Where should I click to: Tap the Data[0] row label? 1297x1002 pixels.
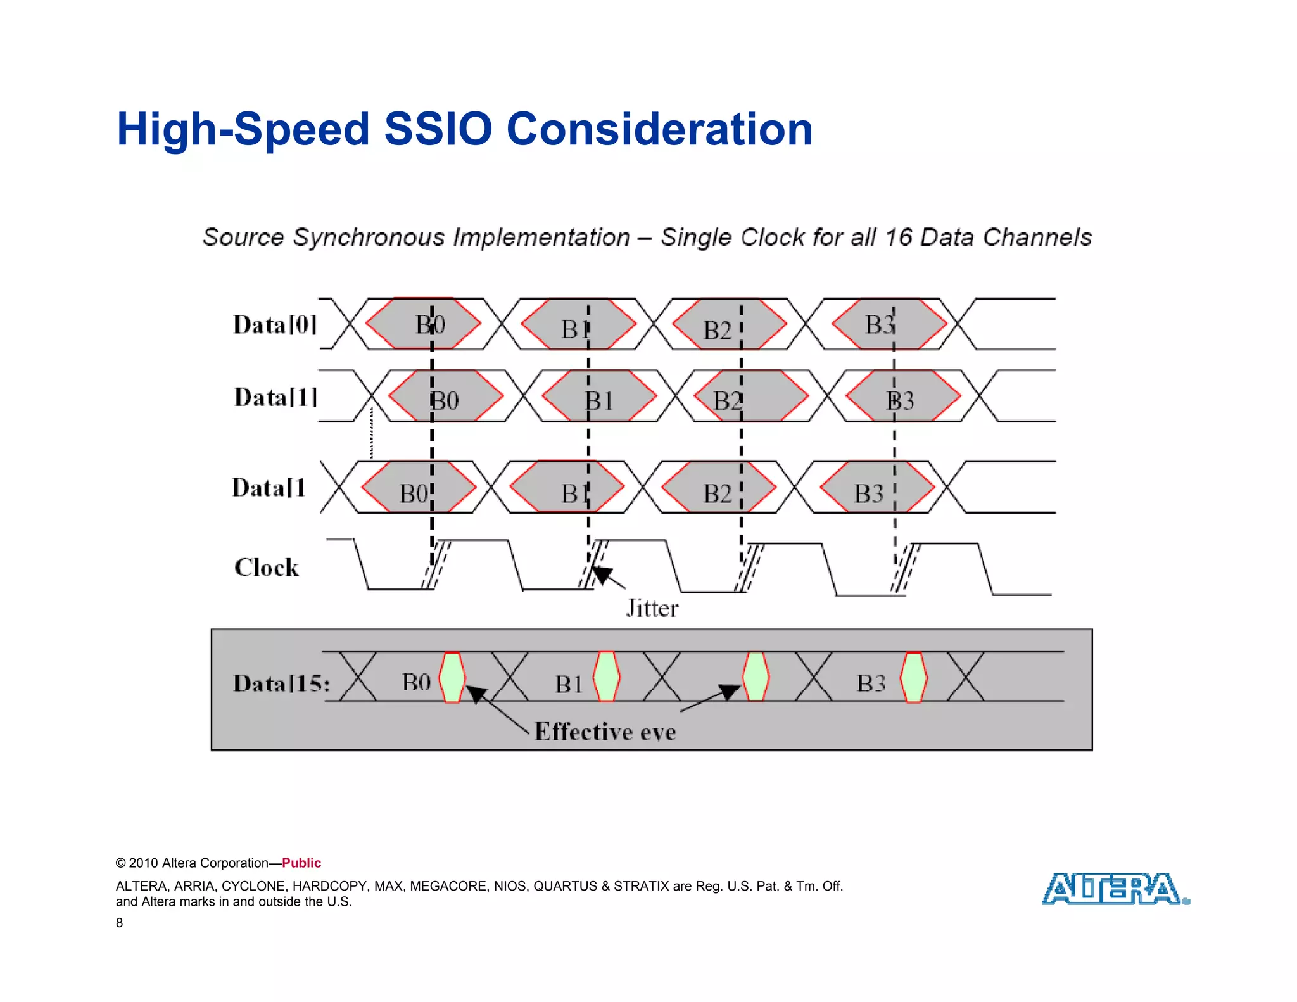coord(274,325)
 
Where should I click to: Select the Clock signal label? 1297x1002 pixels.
coord(266,568)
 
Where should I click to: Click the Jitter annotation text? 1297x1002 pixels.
coord(652,609)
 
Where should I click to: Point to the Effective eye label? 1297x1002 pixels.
coord(605,732)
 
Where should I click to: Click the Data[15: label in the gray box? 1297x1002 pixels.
coord(281,683)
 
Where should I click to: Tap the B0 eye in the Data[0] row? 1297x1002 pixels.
coord(423,324)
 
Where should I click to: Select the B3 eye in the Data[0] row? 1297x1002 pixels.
coord(889,324)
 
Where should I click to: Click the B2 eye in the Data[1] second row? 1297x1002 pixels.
coord(751,396)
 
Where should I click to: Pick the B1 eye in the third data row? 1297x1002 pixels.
coord(567,487)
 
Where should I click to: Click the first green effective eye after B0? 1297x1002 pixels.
coord(452,678)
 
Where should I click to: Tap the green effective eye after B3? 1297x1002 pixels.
coord(913,678)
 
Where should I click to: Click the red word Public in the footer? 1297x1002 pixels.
coord(301,863)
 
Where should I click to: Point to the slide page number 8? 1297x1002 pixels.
coord(119,923)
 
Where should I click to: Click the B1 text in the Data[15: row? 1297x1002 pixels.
coord(569,684)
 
